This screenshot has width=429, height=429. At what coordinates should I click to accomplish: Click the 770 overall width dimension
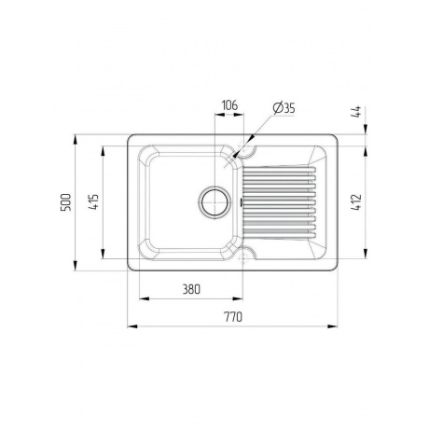click(x=233, y=317)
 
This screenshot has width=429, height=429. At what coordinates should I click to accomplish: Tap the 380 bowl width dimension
click(x=191, y=289)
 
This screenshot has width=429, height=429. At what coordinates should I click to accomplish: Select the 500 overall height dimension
click(x=65, y=202)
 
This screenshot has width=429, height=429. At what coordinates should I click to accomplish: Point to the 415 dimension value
click(x=93, y=202)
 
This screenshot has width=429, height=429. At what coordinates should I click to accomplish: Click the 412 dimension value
click(x=356, y=202)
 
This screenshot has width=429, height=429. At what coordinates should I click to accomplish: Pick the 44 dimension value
click(x=356, y=112)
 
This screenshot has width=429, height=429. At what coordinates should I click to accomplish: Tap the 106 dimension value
click(x=229, y=105)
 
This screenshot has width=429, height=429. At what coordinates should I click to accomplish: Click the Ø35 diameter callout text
click(x=284, y=108)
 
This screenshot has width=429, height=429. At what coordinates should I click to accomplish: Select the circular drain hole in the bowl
click(x=214, y=202)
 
